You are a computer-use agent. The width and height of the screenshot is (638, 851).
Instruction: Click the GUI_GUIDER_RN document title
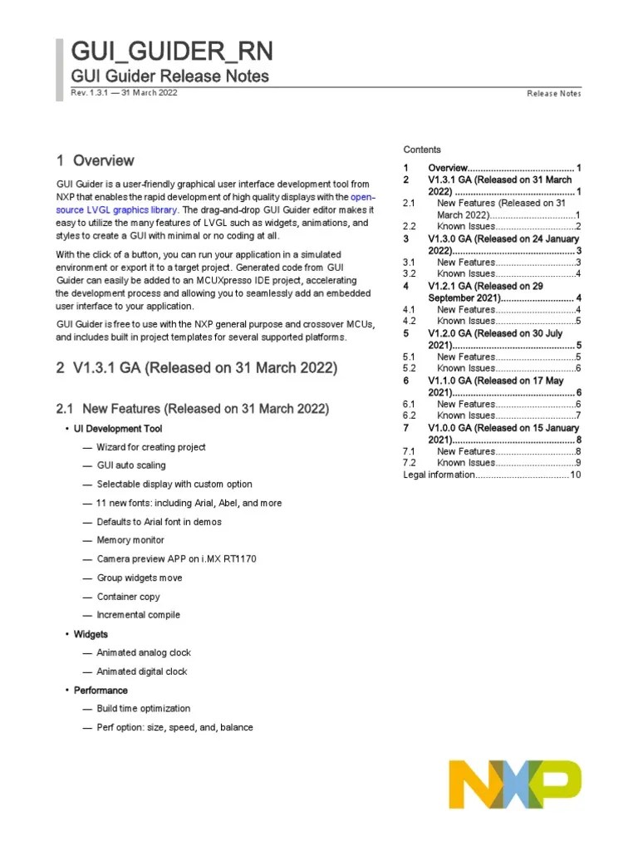(x=171, y=52)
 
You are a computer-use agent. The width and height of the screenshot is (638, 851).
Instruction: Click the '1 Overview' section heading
(x=95, y=160)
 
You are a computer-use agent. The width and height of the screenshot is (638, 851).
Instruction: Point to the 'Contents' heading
(x=422, y=150)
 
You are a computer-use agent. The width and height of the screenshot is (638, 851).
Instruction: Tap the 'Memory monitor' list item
(x=130, y=540)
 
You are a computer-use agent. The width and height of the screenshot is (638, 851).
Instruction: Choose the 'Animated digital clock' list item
(x=142, y=671)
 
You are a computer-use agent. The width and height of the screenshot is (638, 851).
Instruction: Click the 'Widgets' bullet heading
(x=91, y=634)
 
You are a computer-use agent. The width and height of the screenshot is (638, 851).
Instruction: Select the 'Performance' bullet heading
(x=101, y=691)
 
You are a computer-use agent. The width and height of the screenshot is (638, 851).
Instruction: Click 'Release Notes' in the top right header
(x=554, y=94)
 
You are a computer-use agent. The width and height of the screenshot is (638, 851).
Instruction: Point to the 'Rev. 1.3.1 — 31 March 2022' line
(x=124, y=92)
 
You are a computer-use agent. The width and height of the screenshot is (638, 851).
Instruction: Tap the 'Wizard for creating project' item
(x=151, y=447)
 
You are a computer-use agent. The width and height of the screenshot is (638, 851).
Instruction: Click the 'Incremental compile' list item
(x=138, y=615)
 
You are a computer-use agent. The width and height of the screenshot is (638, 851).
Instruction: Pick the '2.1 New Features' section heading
(x=192, y=409)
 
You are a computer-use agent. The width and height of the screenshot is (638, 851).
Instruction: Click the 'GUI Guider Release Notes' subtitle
(x=170, y=76)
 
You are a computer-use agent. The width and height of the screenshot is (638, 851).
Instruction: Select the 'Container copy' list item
(x=128, y=597)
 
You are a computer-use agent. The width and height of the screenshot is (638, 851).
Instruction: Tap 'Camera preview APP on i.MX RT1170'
(x=176, y=559)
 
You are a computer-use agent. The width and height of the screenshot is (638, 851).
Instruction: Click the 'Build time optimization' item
(x=143, y=709)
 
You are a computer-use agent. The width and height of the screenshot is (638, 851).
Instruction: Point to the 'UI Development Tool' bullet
(x=118, y=429)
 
